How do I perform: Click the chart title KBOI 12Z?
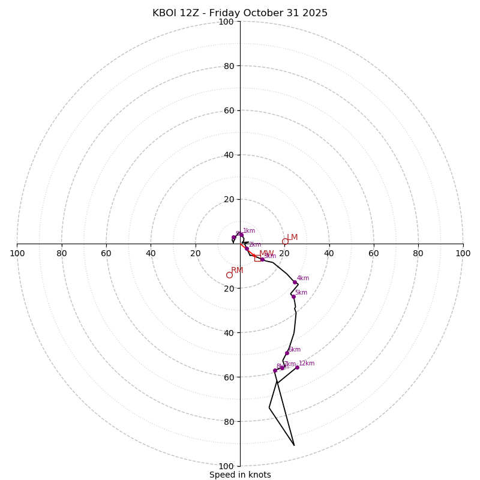(240, 13)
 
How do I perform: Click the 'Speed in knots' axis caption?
(240, 475)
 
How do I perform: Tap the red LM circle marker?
(285, 242)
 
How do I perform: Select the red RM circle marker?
(229, 275)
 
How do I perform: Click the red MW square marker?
(257, 258)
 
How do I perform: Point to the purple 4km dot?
(295, 282)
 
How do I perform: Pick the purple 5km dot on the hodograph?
(293, 296)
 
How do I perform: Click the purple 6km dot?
(287, 353)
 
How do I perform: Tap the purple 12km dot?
(297, 367)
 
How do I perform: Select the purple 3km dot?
(262, 259)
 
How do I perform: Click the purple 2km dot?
(247, 248)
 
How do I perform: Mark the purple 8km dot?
(275, 370)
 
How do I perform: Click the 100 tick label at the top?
(226, 22)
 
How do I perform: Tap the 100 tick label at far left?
(17, 253)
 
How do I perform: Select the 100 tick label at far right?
(463, 253)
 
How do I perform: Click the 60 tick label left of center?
(106, 253)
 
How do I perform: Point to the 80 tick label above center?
(229, 66)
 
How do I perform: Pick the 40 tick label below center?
(229, 333)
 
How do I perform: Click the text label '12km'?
(307, 364)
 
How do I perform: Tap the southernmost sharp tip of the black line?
(294, 445)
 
